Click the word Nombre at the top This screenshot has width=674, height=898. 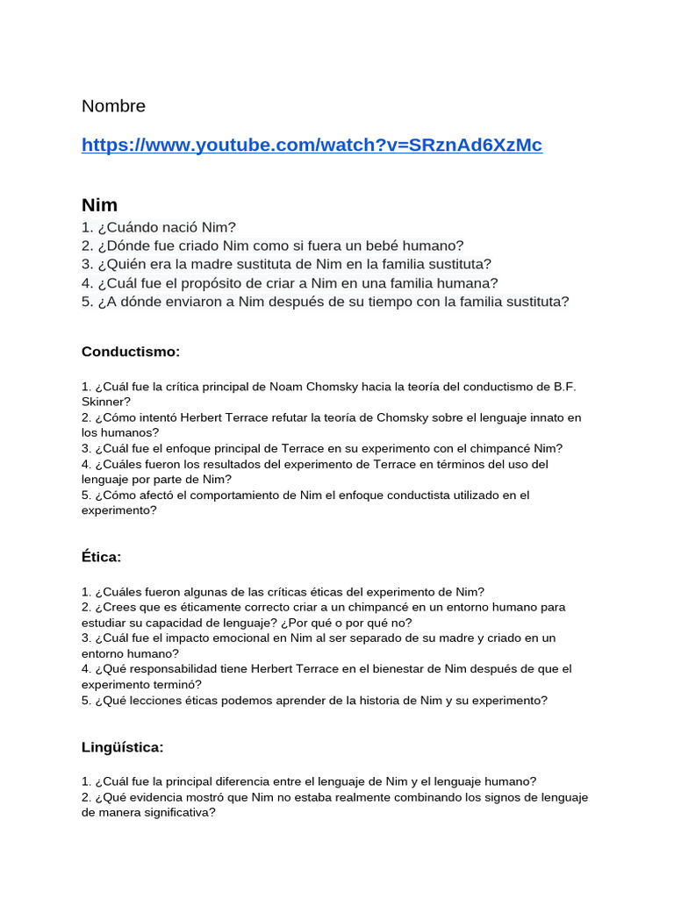point(113,106)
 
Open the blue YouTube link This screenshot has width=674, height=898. point(312,146)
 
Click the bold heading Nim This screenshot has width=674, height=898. point(99,205)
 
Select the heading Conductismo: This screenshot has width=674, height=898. point(130,352)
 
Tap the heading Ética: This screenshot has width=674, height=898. point(101,557)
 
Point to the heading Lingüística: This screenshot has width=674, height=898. point(122,747)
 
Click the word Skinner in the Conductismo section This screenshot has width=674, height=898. point(105,402)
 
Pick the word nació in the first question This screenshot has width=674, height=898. point(178,227)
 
